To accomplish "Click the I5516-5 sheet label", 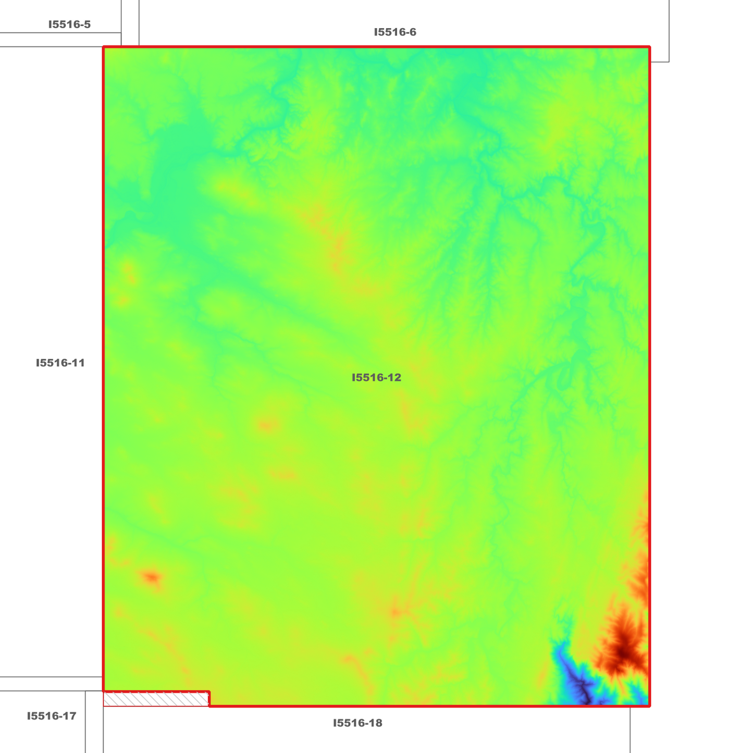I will coord(69,24).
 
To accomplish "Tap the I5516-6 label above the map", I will coord(395,32).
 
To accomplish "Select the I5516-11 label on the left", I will coord(60,363).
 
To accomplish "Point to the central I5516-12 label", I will coord(376,378).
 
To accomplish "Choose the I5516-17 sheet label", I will coord(52,716).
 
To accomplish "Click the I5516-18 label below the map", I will coord(357,723).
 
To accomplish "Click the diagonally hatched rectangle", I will coord(156,699).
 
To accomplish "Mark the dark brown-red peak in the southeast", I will coord(623,651).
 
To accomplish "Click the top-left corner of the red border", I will coord(104,47).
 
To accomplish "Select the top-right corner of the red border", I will coord(649,47).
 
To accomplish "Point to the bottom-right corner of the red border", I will coord(649,706).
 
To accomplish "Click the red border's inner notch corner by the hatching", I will coord(209,706).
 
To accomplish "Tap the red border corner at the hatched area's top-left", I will coord(104,692).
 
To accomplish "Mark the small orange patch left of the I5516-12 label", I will coord(267,425).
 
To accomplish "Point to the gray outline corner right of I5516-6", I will coord(669,62).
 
